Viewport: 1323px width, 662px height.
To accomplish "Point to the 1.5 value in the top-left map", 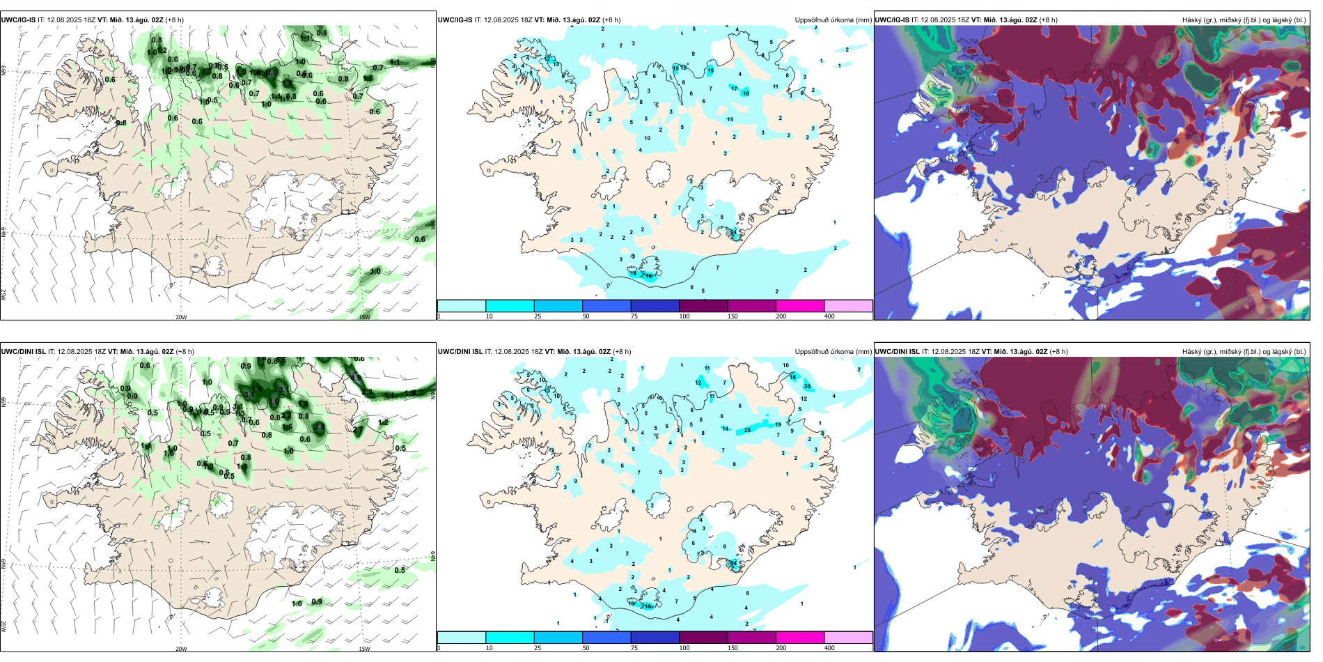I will tap(368, 79).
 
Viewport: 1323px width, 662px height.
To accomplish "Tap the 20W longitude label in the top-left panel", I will tap(181, 317).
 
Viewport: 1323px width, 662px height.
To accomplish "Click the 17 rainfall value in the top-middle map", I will tap(734, 88).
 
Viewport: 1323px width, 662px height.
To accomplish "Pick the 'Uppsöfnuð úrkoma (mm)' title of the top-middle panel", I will tap(833, 20).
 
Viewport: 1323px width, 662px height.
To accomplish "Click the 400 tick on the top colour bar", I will tap(829, 316).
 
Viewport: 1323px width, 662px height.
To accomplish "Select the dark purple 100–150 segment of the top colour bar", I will tap(703, 306).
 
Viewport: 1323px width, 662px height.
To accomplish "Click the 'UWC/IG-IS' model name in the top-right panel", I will tap(892, 20).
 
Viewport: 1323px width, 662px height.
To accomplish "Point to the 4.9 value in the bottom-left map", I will tap(355, 378).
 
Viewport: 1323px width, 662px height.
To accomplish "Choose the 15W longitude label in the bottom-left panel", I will tap(364, 649).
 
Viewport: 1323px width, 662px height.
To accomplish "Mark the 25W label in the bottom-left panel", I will tap(3, 626).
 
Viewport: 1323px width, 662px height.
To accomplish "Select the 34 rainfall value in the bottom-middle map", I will tap(733, 562).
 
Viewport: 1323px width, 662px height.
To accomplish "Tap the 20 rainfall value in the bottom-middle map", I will tap(807, 386).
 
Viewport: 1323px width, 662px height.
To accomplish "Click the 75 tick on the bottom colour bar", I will tap(634, 648).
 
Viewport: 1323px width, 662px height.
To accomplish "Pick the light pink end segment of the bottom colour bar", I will tap(848, 638).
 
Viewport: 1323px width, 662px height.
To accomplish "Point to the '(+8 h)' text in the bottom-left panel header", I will tap(185, 352).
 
